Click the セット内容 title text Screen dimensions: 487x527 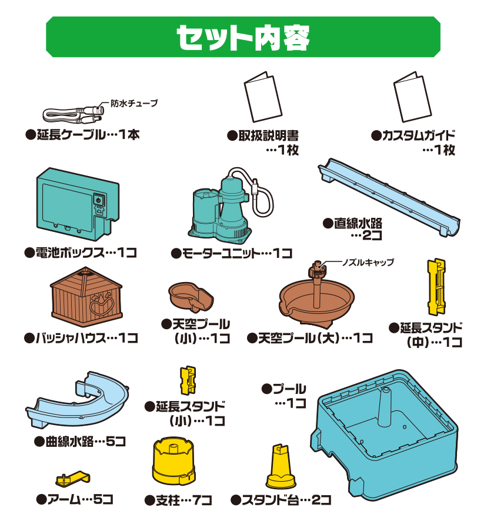coord(243,37)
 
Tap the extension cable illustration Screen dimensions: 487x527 coord(72,114)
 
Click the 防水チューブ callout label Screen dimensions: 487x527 coord(134,103)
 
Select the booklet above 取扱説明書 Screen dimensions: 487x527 coord(263,97)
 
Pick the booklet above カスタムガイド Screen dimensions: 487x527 coord(412,97)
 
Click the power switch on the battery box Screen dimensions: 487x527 coord(99,200)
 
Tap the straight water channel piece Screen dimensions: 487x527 coord(389,198)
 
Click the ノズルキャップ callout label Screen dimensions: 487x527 coord(368,262)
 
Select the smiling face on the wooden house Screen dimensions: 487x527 coord(102,303)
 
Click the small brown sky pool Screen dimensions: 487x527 coord(191,297)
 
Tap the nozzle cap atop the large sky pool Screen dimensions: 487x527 coord(317,269)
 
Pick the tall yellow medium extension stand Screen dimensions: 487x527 coord(436,286)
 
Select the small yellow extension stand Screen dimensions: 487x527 coord(188,380)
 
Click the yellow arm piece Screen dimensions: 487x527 coord(73,479)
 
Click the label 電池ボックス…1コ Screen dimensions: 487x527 coord(81,253)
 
